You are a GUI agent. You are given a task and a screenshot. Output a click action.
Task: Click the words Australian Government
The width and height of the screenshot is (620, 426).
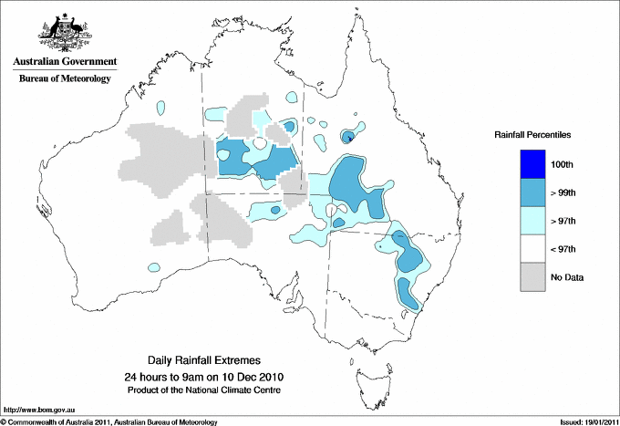tap(65, 62)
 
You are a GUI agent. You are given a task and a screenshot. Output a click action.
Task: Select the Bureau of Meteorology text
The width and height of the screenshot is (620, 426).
tap(65, 79)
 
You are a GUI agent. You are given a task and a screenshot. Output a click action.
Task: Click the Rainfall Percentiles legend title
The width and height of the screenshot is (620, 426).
tap(532, 135)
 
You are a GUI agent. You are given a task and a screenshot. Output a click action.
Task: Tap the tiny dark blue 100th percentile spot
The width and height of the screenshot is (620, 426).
tap(349, 139)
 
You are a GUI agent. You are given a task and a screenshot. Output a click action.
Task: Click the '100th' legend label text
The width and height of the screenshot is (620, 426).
tap(562, 164)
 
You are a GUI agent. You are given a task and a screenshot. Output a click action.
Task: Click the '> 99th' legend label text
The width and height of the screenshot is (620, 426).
tap(563, 192)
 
